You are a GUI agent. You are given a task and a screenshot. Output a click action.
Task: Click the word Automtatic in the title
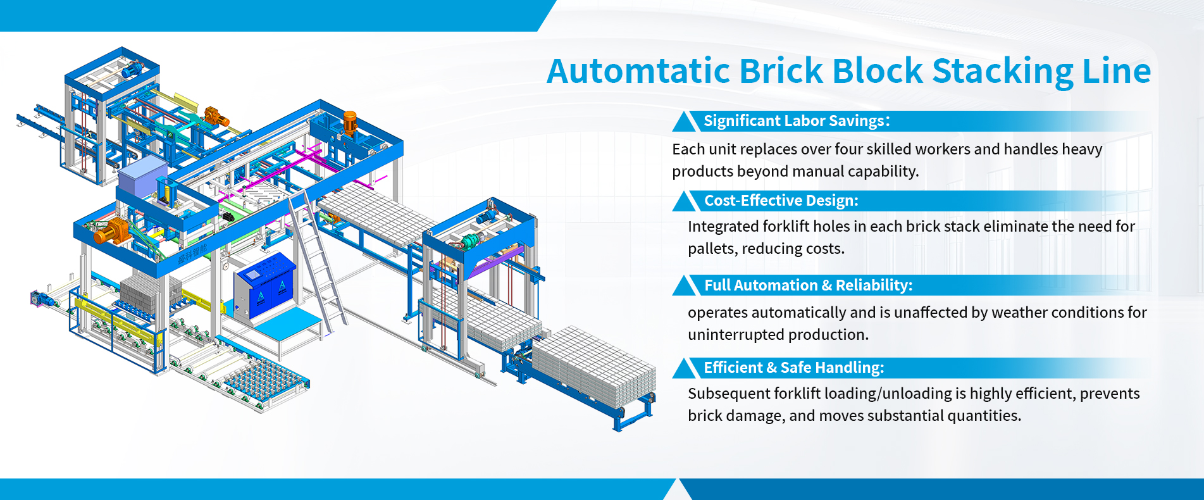[638, 71]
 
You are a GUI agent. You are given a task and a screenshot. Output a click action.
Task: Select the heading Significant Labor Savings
[796, 121]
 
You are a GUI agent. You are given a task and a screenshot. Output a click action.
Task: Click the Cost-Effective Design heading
[781, 201]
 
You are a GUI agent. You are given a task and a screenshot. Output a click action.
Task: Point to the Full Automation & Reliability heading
[808, 285]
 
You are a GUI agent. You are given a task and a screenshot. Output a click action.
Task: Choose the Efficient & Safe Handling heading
[793, 368]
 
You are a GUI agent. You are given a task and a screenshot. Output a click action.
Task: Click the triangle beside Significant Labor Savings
[685, 122]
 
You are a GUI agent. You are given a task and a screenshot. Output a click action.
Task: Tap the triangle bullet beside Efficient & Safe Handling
[685, 368]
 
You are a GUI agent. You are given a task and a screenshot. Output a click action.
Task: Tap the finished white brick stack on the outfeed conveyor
[593, 365]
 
